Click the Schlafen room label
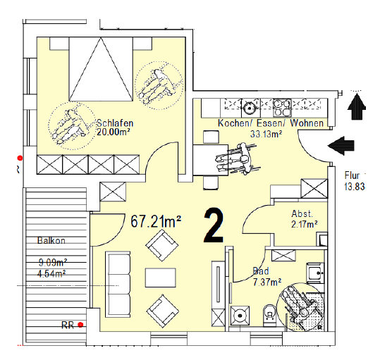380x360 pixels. click(x=115, y=123)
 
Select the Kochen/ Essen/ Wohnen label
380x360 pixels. click(x=271, y=123)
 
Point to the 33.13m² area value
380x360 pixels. click(x=266, y=134)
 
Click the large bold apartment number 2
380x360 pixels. click(x=214, y=225)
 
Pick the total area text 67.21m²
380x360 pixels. click(x=156, y=221)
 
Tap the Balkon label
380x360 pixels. click(x=51, y=240)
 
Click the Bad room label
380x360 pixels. click(x=261, y=271)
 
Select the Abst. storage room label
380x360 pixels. click(x=302, y=213)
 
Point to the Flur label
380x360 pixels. click(x=352, y=175)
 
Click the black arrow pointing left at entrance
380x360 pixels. click(x=341, y=146)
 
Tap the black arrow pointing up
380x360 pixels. click(x=357, y=106)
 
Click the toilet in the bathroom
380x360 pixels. click(x=269, y=315)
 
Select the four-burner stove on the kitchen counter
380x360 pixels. click(x=282, y=108)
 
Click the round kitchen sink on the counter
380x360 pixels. click(x=248, y=108)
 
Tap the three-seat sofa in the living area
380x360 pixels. click(x=118, y=285)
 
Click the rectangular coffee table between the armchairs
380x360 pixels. click(x=161, y=278)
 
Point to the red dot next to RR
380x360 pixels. click(x=80, y=325)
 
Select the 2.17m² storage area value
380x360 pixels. click(x=305, y=224)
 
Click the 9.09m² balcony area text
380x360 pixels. click(x=53, y=263)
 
